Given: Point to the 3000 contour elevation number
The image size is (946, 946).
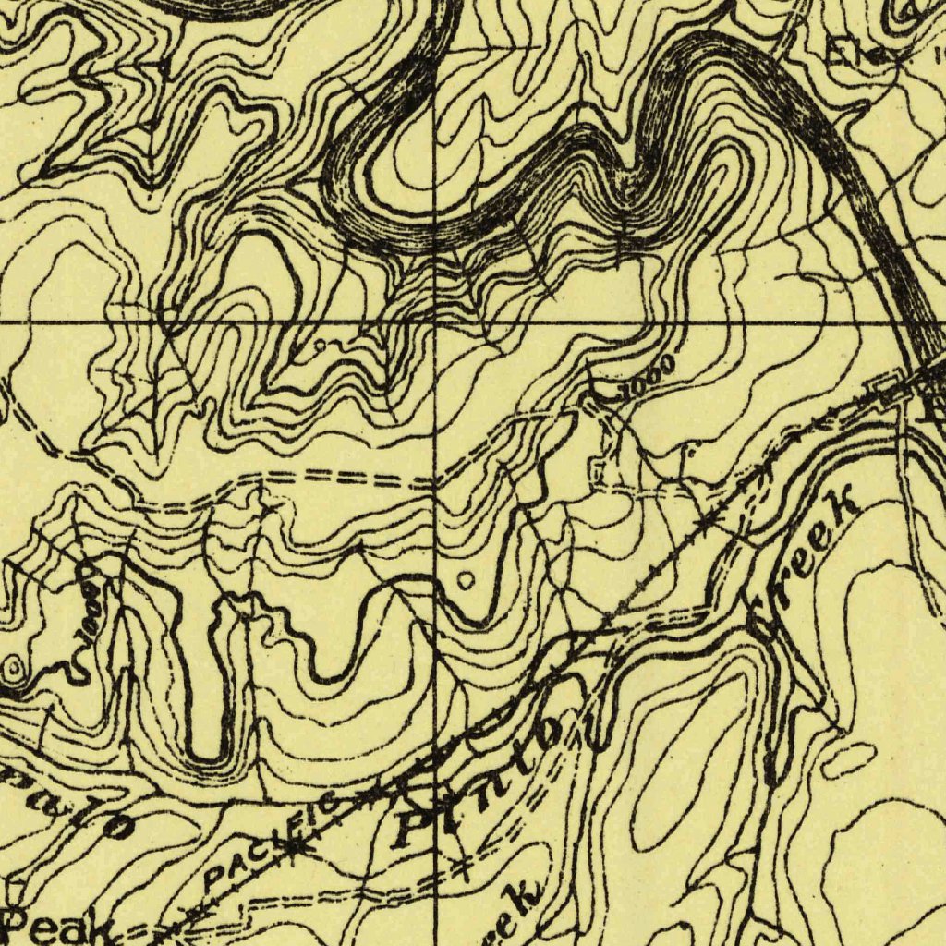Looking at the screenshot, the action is [x=646, y=376].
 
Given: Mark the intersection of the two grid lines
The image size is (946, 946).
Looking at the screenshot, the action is [x=435, y=322].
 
